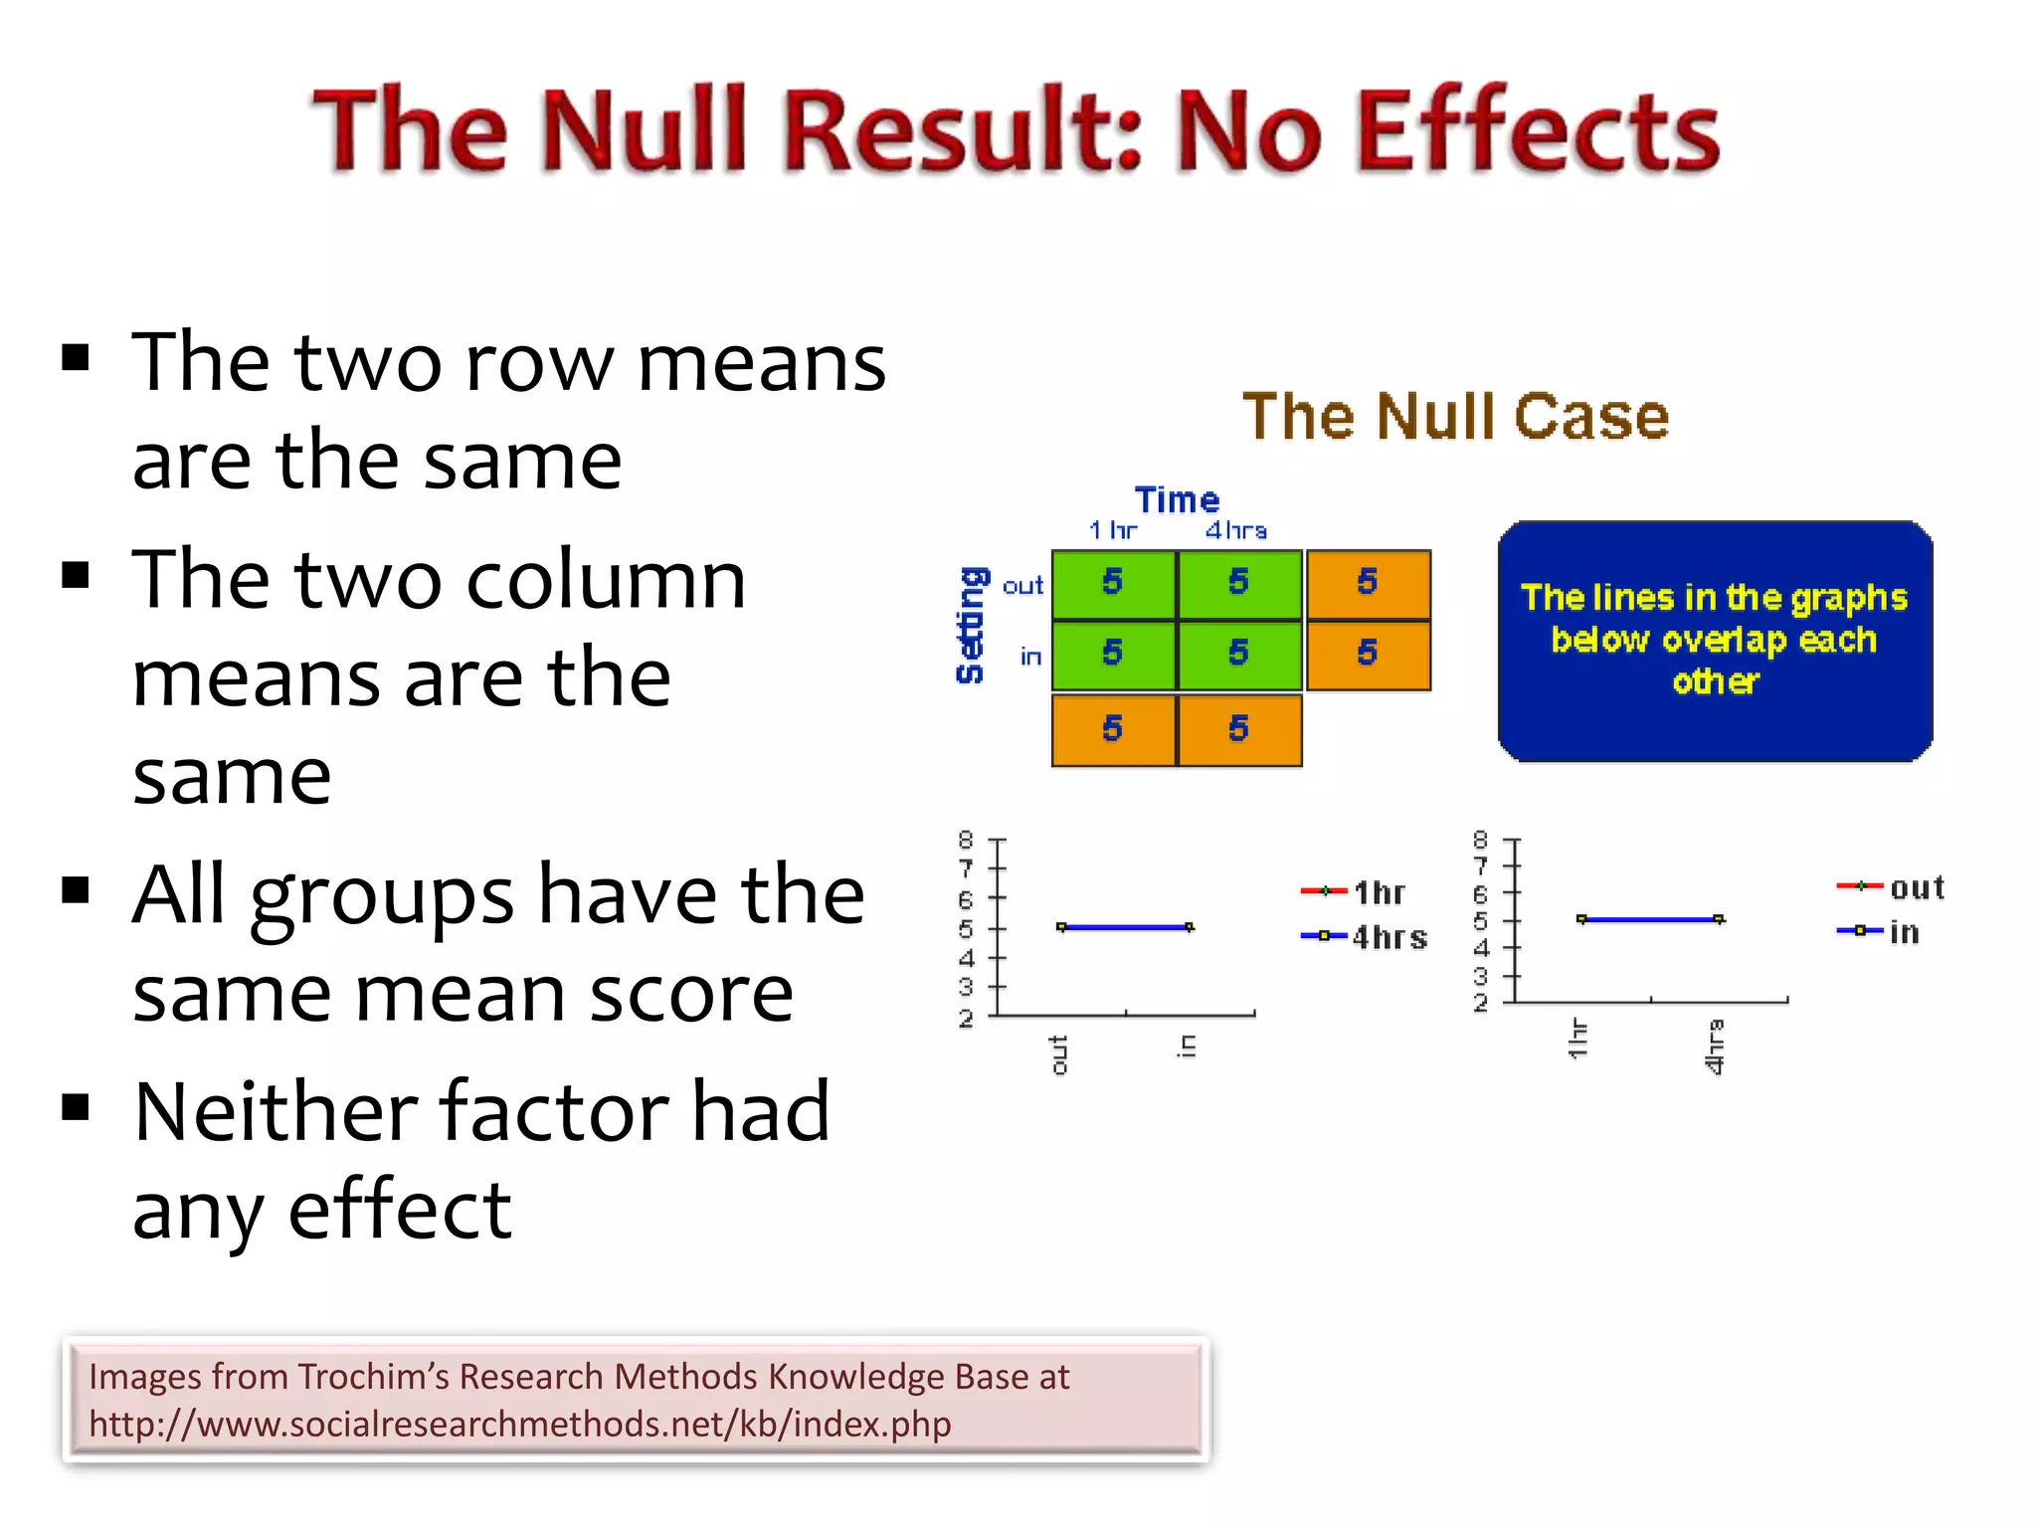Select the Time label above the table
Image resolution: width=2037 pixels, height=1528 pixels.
1177,499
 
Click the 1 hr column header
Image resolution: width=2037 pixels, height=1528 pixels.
1112,530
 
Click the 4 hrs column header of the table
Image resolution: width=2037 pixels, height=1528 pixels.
1236,530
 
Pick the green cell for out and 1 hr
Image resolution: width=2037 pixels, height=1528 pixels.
1113,583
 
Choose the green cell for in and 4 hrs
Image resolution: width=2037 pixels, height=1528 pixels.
1238,654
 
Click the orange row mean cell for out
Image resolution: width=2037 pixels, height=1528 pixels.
1368,583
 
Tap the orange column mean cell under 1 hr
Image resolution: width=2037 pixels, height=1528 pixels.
1113,729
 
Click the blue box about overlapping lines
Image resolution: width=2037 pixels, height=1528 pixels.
1714,641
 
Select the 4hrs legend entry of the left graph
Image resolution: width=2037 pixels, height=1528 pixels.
1366,937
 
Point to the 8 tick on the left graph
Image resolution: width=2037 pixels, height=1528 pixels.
965,840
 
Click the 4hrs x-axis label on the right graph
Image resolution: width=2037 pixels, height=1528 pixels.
1714,1047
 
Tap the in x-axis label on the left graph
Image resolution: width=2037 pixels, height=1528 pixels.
1187,1045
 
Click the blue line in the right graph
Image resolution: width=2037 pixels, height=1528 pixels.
1649,920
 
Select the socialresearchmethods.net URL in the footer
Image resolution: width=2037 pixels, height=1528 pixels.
519,1424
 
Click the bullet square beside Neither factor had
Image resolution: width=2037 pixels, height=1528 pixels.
76,1106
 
